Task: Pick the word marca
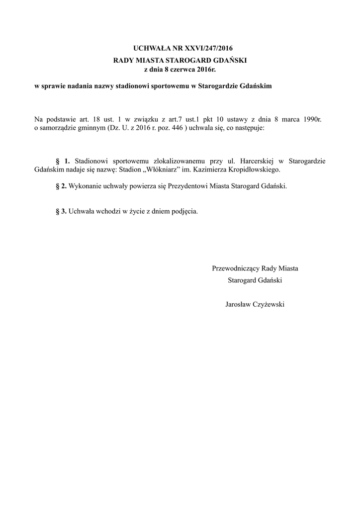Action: point(292,119)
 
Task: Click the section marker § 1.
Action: point(63,162)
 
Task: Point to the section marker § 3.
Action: point(61,210)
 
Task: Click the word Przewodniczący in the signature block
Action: point(235,268)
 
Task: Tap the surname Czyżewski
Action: point(270,304)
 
